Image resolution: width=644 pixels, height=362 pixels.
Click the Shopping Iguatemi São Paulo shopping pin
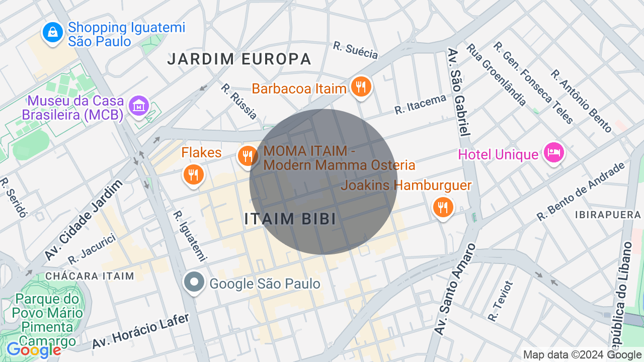[53, 33]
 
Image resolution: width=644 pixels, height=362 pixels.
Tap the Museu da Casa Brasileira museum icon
[138, 106]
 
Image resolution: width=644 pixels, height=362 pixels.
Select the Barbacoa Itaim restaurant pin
[361, 87]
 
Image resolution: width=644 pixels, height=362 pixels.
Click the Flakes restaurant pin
[193, 175]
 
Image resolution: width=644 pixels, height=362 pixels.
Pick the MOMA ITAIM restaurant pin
[247, 156]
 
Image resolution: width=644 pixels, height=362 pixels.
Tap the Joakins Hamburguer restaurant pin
[443, 207]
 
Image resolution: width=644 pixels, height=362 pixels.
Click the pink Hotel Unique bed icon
[553, 152]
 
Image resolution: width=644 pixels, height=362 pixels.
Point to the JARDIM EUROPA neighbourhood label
[239, 59]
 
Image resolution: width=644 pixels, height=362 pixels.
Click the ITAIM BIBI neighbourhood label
[290, 219]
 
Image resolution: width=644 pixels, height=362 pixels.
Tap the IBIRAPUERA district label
[608, 215]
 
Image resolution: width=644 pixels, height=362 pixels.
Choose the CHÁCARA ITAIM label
[90, 276]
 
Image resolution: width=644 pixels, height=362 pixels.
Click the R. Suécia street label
[355, 50]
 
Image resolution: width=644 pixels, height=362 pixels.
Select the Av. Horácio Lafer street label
[141, 331]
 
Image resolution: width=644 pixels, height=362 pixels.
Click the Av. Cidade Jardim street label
[84, 220]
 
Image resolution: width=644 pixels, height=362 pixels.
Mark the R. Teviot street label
[501, 301]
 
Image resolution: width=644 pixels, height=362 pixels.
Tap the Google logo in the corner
[34, 349]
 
